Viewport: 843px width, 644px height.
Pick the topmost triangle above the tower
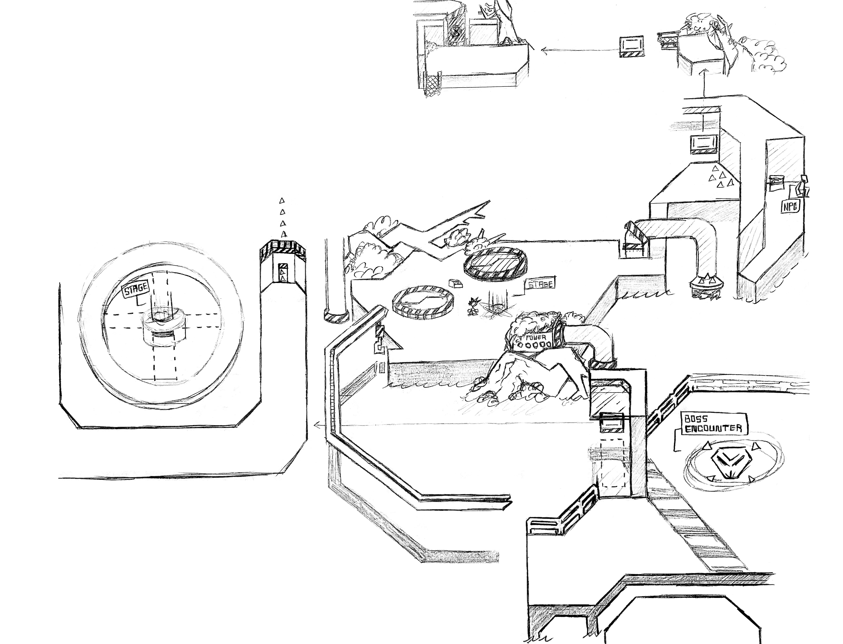(x=282, y=200)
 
